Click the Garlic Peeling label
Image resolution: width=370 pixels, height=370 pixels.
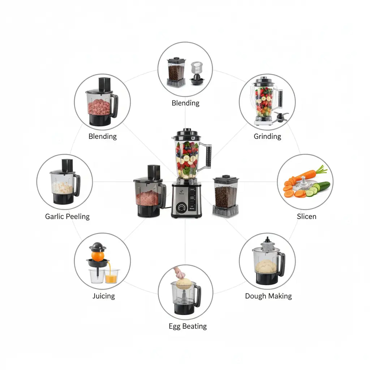pos(67,216)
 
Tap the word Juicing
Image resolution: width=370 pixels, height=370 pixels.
pos(104,296)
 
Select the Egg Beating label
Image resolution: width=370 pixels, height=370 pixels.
pos(188,326)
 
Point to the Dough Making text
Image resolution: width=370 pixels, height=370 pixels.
pos(268,296)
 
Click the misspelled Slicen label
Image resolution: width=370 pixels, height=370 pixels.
pos(306,216)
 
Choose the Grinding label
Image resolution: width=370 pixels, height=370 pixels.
pos(267,136)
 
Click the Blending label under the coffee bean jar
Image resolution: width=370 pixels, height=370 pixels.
pos(185,103)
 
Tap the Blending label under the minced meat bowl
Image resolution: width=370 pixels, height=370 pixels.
pos(103,136)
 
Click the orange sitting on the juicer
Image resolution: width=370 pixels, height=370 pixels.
pos(98,256)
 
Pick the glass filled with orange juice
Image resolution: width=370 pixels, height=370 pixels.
pos(111,276)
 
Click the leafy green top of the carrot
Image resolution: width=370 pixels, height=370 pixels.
pos(321,169)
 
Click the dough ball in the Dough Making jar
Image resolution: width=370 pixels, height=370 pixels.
pos(266,266)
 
